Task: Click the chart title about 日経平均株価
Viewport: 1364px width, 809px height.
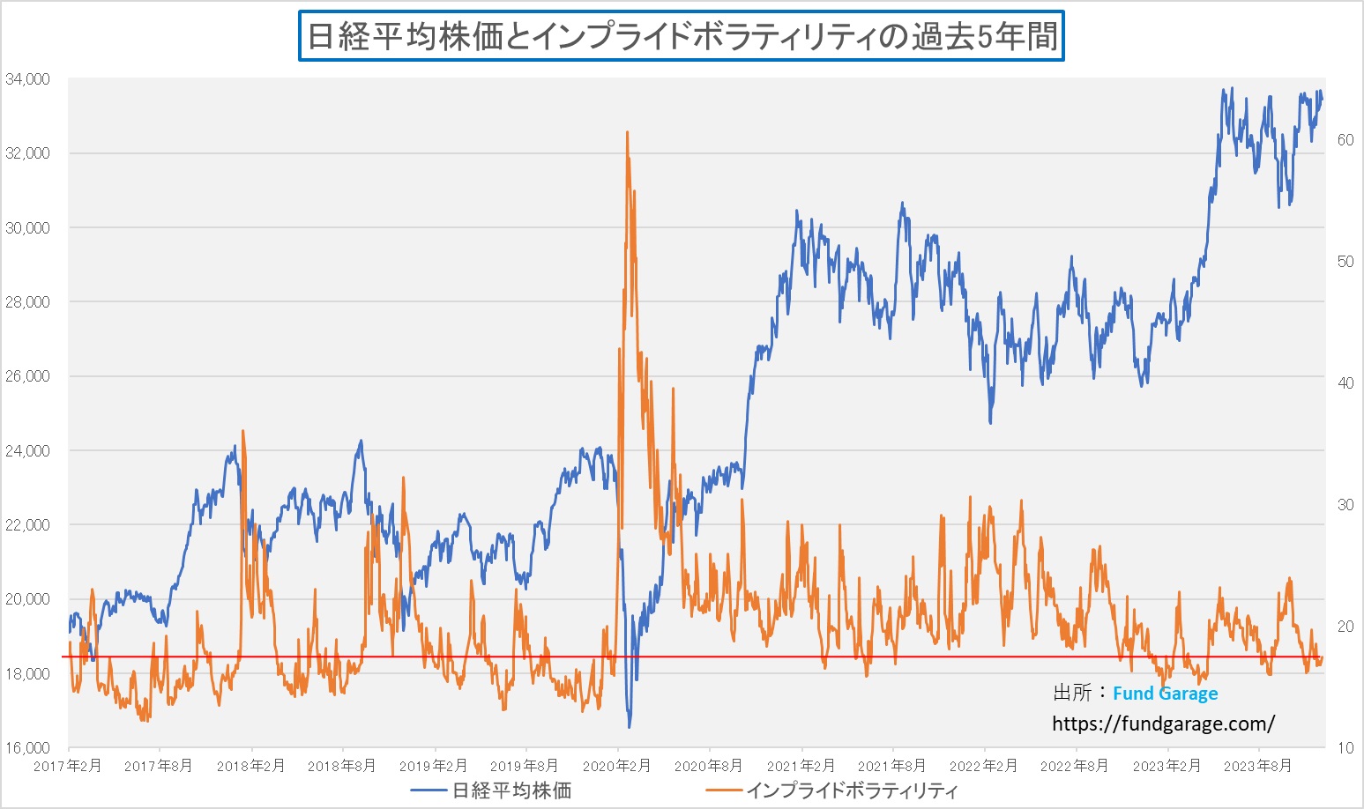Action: tap(682, 36)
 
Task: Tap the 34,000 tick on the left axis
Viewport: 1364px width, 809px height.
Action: tap(27, 79)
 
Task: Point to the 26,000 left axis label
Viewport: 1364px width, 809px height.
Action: tap(27, 376)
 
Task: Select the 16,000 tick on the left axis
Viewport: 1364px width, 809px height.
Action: tap(27, 748)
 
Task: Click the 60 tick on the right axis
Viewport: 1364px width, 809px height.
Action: tap(1345, 140)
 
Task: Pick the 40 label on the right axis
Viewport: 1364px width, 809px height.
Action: tap(1345, 383)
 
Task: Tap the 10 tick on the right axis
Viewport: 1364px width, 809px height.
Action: tap(1345, 748)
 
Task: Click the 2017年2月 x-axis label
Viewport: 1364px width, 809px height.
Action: tap(67, 766)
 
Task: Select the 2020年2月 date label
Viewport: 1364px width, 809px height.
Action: tap(617, 766)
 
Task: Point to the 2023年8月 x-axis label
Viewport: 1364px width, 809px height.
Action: tap(1257, 766)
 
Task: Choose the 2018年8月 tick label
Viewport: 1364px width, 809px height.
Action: tap(341, 766)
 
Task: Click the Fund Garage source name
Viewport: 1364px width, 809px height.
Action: tap(1165, 694)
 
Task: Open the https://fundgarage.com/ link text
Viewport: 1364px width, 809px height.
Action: tap(1163, 724)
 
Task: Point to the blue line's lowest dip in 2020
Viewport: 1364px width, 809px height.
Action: tap(630, 727)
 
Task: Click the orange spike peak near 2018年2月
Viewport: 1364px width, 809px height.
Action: tap(242, 431)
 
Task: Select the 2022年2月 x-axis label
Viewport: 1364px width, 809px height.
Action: tap(983, 766)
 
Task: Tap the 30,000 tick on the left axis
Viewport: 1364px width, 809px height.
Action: tap(27, 228)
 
